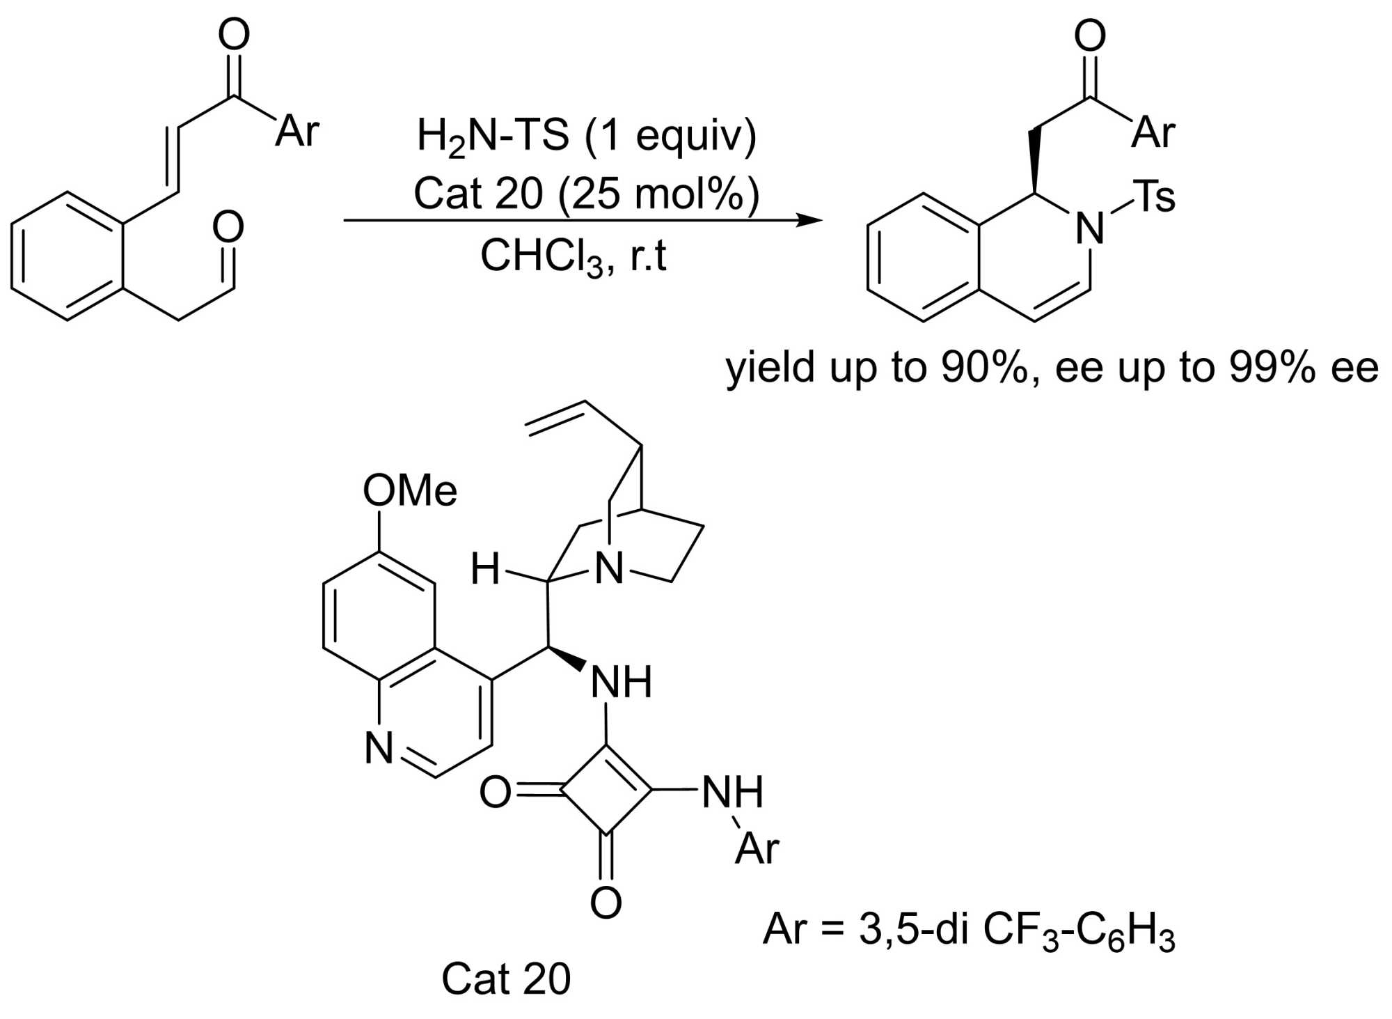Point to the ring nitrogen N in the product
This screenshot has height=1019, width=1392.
(x=1090, y=228)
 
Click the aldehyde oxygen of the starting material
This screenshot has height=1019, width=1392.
(x=228, y=227)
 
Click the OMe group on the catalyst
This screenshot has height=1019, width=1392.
(x=410, y=490)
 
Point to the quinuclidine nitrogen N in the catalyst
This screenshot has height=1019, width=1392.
(x=610, y=569)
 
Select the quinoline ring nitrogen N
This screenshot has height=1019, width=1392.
(x=379, y=748)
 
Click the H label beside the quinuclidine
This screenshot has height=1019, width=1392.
(x=485, y=569)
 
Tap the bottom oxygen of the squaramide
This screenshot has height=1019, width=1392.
(x=606, y=903)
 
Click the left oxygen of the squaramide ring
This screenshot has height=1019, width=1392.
(x=495, y=792)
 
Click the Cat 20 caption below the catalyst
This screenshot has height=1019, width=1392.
(x=506, y=979)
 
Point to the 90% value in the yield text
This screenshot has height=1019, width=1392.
(x=984, y=367)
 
